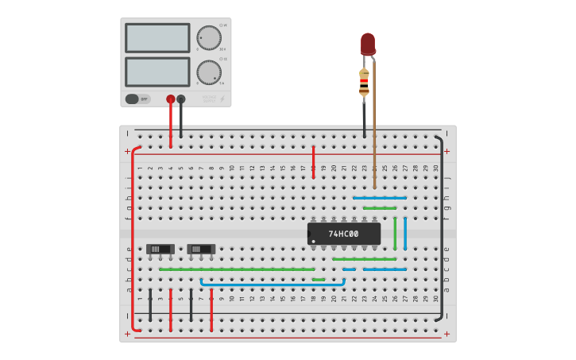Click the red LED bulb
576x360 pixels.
pos(367,44)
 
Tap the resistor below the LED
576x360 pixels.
pos(364,82)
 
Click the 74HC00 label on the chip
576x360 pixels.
pos(343,234)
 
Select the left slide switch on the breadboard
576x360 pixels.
pos(160,249)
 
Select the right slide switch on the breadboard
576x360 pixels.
pos(201,249)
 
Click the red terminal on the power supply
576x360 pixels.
pos(171,99)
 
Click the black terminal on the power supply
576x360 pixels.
pos(181,99)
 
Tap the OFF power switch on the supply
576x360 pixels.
pos(137,99)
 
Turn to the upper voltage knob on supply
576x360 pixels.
pos(208,37)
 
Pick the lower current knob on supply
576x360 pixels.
pos(208,72)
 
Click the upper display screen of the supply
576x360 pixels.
pos(157,37)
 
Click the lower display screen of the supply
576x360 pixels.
pos(157,72)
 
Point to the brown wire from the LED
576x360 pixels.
pos(374,127)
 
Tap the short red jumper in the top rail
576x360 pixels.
pos(313,161)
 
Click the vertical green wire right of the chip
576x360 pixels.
pos(395,233)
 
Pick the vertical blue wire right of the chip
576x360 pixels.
pos(405,233)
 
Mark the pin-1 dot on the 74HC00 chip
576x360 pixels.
pos(314,241)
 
